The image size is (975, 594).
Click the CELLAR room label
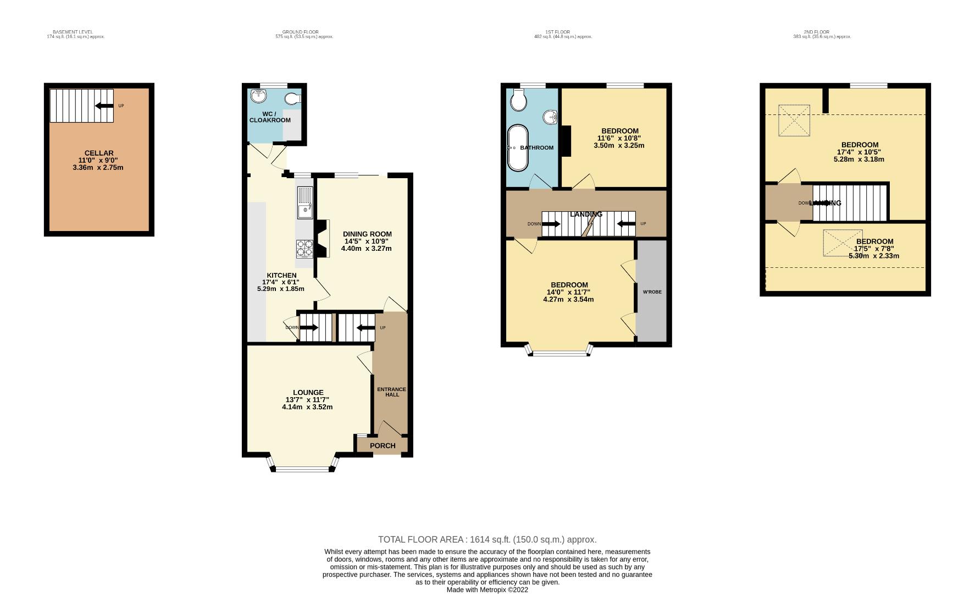(x=99, y=153)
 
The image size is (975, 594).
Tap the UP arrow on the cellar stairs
(x=104, y=106)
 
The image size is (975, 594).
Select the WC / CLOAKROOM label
(x=270, y=117)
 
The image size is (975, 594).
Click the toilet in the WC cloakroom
(x=293, y=100)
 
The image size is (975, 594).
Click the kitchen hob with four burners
(x=304, y=249)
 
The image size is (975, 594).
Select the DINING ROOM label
(x=367, y=234)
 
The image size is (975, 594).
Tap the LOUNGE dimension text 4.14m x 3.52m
(x=307, y=408)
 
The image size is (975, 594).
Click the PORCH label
(x=383, y=446)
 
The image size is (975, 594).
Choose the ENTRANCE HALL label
(x=392, y=392)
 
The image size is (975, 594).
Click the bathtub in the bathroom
(x=518, y=148)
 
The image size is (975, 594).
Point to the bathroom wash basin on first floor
(x=550, y=117)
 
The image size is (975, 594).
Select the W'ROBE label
(x=652, y=292)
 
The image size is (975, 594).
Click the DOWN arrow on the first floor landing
(x=551, y=224)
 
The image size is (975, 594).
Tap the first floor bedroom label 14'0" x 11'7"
(x=569, y=292)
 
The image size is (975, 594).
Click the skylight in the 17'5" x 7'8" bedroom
(x=843, y=243)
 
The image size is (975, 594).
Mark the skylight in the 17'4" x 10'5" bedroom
(x=794, y=120)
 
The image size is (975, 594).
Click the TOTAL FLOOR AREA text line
(x=487, y=540)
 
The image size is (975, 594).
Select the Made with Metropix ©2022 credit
(x=487, y=590)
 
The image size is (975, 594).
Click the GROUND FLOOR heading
(x=300, y=32)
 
